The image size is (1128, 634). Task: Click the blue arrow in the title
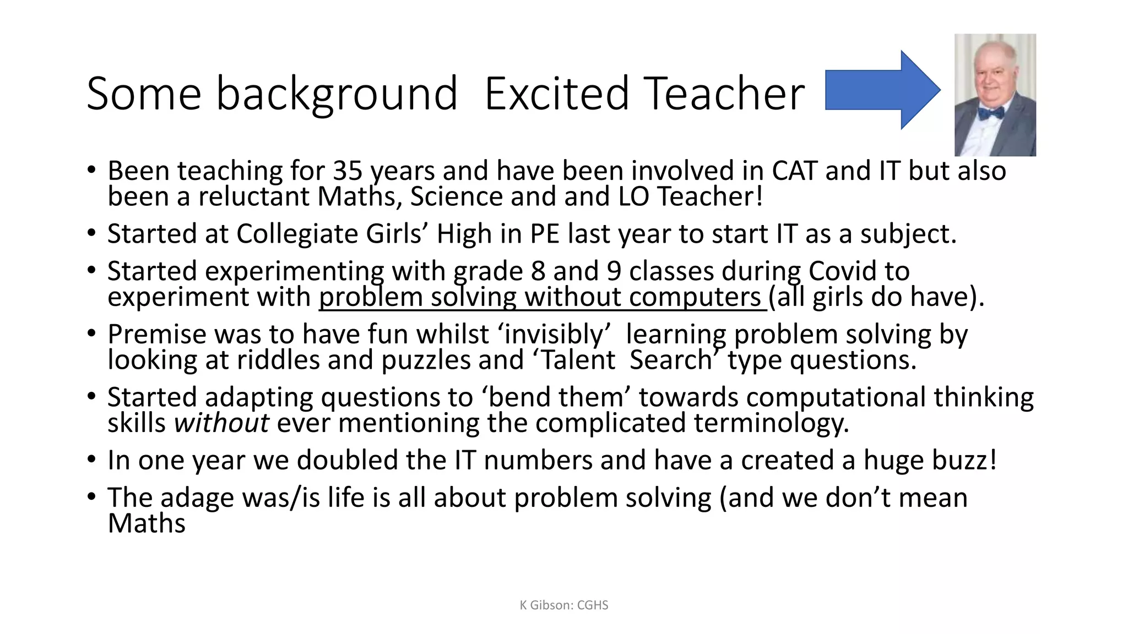tap(881, 90)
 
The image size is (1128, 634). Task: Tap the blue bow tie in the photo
tap(991, 113)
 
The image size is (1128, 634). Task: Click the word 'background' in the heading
tap(337, 94)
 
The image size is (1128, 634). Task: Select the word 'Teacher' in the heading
tap(724, 94)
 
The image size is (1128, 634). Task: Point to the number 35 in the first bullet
tap(348, 171)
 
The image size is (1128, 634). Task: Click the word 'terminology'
tap(771, 423)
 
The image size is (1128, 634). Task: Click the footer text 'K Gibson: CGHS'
tap(564, 605)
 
